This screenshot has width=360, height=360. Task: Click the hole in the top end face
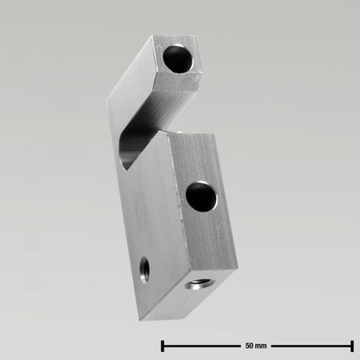[x=178, y=59]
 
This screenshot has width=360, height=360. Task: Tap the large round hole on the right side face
[x=202, y=194]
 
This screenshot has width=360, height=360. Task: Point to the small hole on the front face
[x=143, y=269]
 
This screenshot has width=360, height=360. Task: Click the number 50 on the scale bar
[x=250, y=345]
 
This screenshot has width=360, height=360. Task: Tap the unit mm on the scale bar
[x=261, y=345]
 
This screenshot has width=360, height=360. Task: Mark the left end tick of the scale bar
[x=162, y=345]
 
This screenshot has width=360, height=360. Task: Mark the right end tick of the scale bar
[x=351, y=345]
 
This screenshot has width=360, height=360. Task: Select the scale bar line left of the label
[x=200, y=345]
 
